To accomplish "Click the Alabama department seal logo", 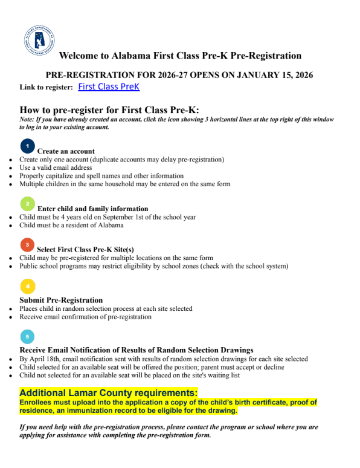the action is tap(40, 41).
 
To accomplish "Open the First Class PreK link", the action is tap(109, 87).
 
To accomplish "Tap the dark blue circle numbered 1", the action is tap(28, 146).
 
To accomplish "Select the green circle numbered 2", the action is tap(28, 204).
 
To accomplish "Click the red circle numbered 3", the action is tap(27, 245).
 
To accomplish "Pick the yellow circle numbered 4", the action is tap(27, 286).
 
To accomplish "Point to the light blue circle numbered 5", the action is tap(27, 336).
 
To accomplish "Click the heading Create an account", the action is tap(66, 151).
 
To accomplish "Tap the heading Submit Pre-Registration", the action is tap(61, 300).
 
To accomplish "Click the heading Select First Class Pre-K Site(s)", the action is tap(85, 249).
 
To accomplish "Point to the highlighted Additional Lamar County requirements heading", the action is tap(109, 392).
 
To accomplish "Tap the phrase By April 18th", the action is tap(40, 359).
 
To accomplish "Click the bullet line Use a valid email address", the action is tap(56, 167).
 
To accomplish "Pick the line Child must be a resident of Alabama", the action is tap(71, 225).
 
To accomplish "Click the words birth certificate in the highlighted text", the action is tap(266, 402).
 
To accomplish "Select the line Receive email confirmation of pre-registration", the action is tap(85, 316).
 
